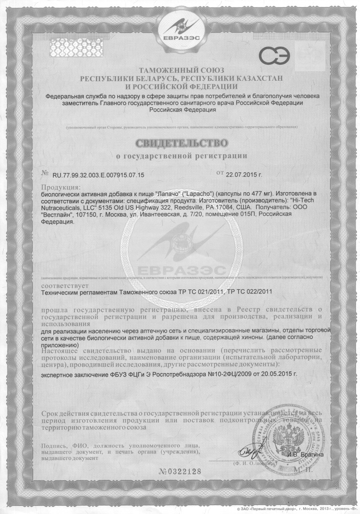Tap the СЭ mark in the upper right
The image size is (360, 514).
274,57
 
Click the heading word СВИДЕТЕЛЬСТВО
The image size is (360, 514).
180,143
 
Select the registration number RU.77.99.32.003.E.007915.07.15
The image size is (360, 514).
99,175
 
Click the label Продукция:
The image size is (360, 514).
61,187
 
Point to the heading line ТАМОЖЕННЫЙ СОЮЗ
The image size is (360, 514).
182,70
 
